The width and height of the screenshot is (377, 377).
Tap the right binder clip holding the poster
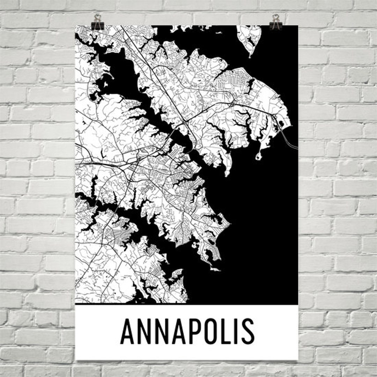(x=276, y=22)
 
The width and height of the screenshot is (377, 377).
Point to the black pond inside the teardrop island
(x=251, y=43)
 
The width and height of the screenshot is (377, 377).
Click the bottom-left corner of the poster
(x=76, y=359)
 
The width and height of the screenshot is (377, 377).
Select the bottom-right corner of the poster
(x=298, y=359)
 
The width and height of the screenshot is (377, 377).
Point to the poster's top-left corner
(x=75, y=25)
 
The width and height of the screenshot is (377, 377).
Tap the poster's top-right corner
(x=298, y=25)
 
